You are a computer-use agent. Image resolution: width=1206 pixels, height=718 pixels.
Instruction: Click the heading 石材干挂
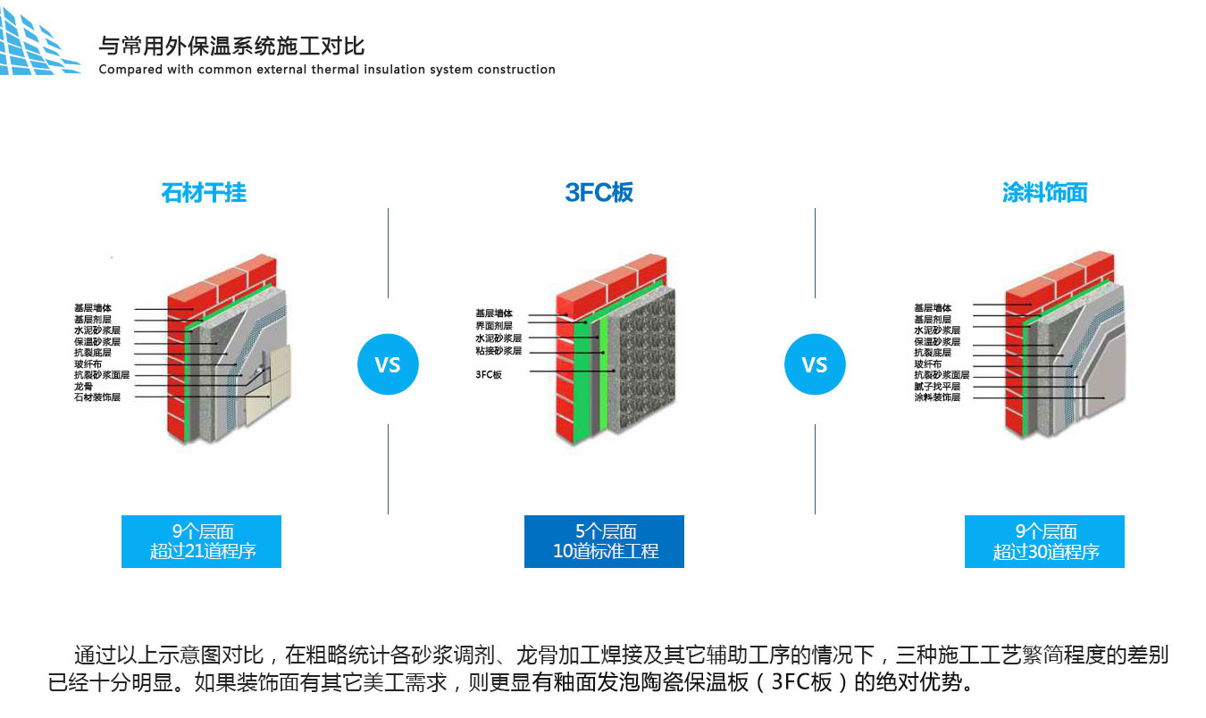coord(204,192)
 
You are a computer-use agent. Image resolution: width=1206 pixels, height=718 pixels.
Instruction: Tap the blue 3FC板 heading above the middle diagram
coord(599,192)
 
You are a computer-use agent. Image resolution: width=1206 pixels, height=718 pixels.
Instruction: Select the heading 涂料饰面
coord(1044,192)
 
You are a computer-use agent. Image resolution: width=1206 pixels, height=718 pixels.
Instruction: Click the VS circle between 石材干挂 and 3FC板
coord(388,364)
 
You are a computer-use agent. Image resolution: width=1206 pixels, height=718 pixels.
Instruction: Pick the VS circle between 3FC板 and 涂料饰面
coord(815,364)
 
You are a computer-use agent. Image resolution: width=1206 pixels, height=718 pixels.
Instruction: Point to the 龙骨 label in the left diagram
coord(83,387)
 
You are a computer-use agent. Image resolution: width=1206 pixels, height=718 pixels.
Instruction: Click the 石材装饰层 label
coord(96,397)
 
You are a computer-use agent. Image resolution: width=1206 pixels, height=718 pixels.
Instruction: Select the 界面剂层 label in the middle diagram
coord(494,326)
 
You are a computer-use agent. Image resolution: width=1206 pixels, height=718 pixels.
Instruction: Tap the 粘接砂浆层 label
coord(498,351)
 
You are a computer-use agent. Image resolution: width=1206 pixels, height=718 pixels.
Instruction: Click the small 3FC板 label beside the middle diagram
coord(489,375)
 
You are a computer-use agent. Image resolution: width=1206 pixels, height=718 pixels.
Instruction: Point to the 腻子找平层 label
coord(937,387)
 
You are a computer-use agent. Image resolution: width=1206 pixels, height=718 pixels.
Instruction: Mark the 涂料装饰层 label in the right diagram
coord(937,397)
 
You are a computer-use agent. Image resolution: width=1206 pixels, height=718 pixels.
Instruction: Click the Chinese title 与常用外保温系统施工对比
coord(231,46)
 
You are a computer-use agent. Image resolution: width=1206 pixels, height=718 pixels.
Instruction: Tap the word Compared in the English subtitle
coord(130,70)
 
